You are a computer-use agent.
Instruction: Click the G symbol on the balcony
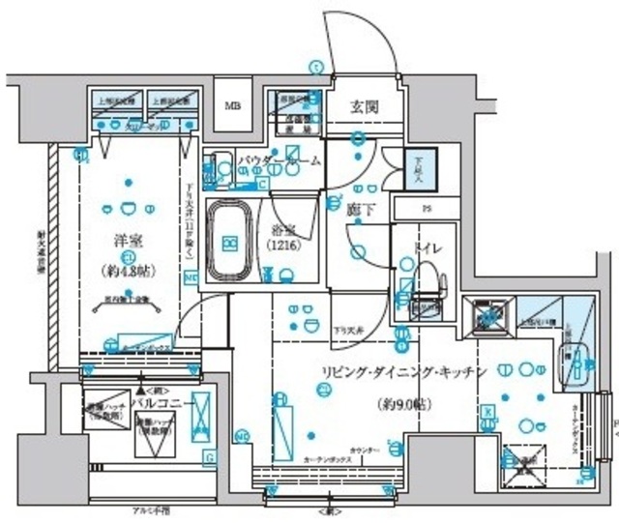pos(208,455)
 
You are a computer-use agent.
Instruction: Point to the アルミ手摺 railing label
pos(150,509)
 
